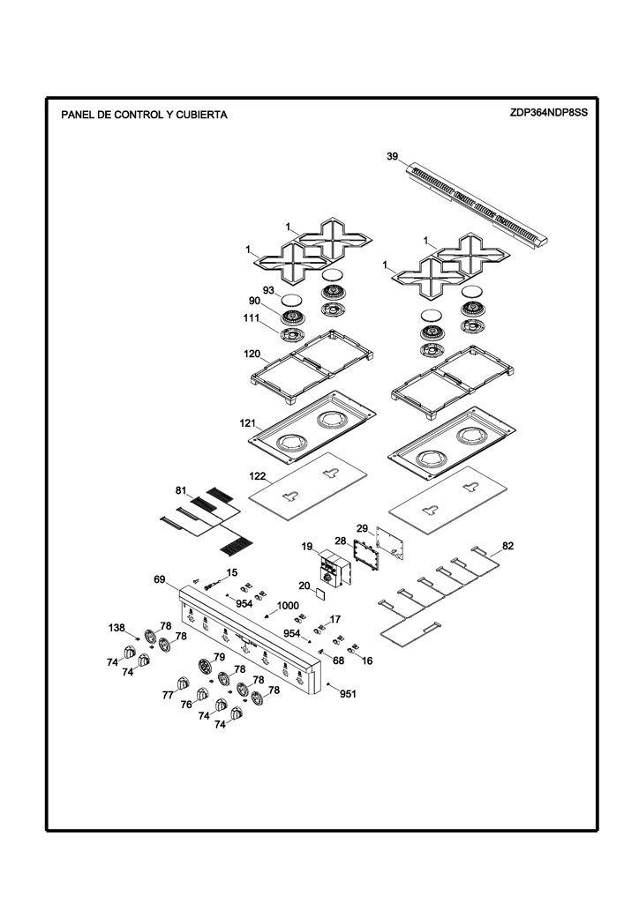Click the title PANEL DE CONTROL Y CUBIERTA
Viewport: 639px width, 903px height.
pyautogui.click(x=144, y=115)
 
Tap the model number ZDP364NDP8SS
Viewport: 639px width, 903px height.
pyautogui.click(x=548, y=112)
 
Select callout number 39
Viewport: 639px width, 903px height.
pyautogui.click(x=392, y=157)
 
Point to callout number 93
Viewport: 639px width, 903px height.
pyautogui.click(x=268, y=290)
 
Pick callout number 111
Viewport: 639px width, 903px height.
pyautogui.click(x=252, y=317)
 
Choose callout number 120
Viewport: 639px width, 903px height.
pyautogui.click(x=252, y=354)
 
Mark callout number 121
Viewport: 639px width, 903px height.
pyautogui.click(x=248, y=423)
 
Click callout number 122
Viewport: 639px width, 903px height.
pyautogui.click(x=257, y=476)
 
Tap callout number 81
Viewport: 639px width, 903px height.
pyautogui.click(x=181, y=490)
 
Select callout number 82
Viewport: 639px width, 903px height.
pyautogui.click(x=507, y=546)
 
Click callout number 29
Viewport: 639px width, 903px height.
pyautogui.click(x=362, y=528)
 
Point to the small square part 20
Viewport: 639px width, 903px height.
pyautogui.click(x=319, y=593)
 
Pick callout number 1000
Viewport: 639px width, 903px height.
pyautogui.click(x=288, y=605)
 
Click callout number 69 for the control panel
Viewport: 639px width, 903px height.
pyautogui.click(x=160, y=578)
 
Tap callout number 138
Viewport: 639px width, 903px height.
pyautogui.click(x=117, y=627)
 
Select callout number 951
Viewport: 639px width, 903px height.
pyautogui.click(x=348, y=694)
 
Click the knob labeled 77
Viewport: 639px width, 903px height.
pyautogui.click(x=184, y=683)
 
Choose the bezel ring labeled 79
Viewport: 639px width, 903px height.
pyautogui.click(x=205, y=667)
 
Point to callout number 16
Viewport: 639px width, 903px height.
pyautogui.click(x=367, y=660)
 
